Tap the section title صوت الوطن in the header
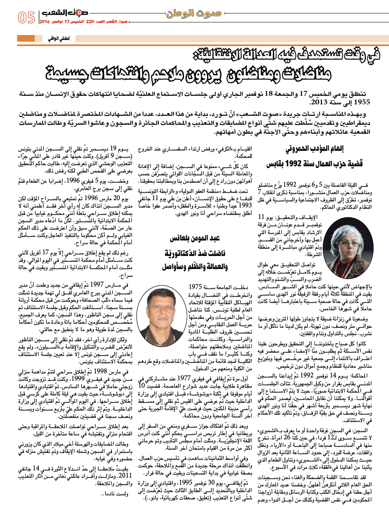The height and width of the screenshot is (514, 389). pos(193,13)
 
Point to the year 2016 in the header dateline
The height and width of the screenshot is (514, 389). pos(45,22)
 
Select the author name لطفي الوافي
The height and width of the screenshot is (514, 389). pos(58,39)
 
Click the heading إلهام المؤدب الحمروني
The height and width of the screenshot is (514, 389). pos(314,149)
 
